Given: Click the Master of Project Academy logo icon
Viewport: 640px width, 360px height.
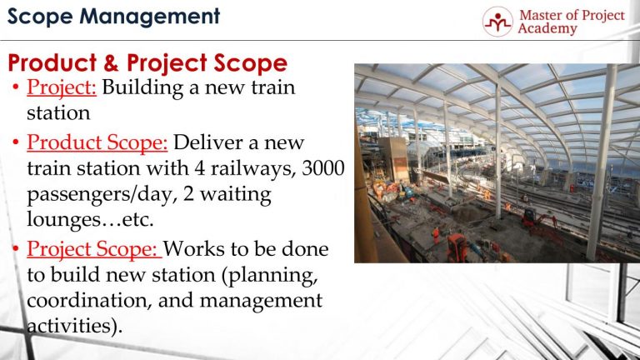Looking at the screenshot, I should [x=497, y=22].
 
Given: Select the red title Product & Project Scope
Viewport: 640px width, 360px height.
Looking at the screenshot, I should [x=147, y=63].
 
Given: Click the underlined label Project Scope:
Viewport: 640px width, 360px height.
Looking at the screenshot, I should [x=95, y=250].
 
